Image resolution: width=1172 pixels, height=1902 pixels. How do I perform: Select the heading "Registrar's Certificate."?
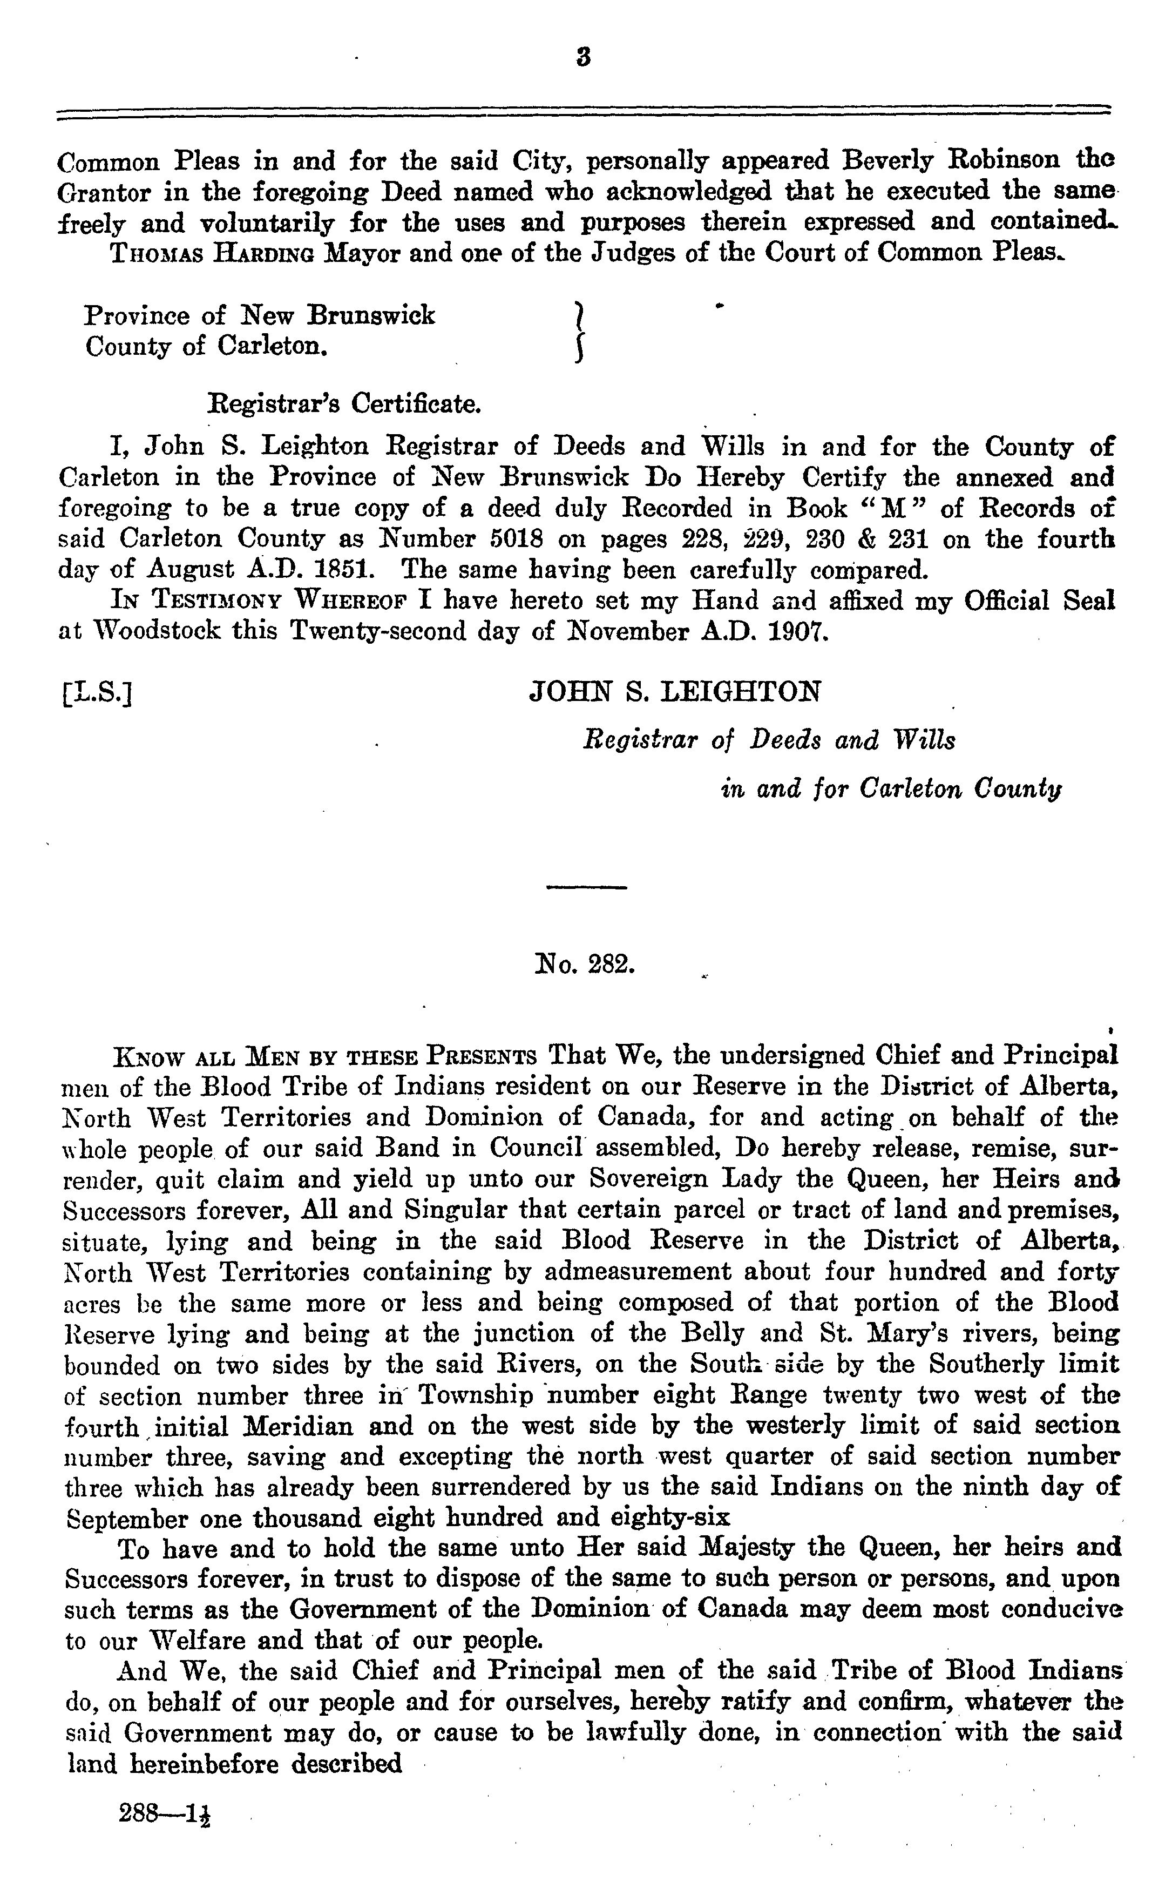345,403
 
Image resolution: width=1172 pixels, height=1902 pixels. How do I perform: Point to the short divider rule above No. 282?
586,886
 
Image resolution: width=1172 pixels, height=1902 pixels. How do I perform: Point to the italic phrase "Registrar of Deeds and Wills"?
768,740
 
